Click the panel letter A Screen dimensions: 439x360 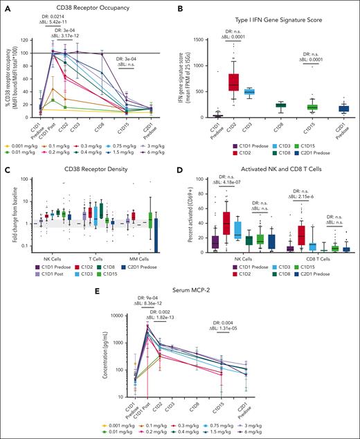tap(5, 6)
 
